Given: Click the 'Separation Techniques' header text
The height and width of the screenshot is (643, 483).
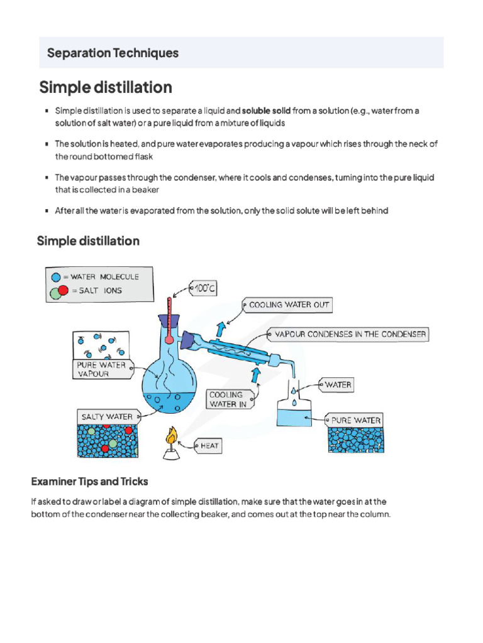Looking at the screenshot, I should pyautogui.click(x=113, y=53).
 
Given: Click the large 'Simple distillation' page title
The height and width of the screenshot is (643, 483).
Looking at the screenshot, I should pyautogui.click(x=105, y=87).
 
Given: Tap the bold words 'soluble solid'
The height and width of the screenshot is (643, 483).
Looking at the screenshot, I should pyautogui.click(x=266, y=111).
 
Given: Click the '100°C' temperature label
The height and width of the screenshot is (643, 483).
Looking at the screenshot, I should pyautogui.click(x=204, y=289).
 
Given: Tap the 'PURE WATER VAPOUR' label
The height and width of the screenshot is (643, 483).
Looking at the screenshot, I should pyautogui.click(x=101, y=369).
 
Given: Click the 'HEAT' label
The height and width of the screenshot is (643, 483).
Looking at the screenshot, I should pyautogui.click(x=209, y=446).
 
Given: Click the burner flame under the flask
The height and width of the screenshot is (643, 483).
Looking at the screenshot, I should pyautogui.click(x=170, y=435).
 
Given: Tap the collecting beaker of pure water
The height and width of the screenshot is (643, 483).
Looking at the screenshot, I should pyautogui.click(x=294, y=414).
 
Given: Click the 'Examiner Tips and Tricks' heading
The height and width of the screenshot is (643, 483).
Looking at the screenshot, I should pyautogui.click(x=90, y=482).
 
